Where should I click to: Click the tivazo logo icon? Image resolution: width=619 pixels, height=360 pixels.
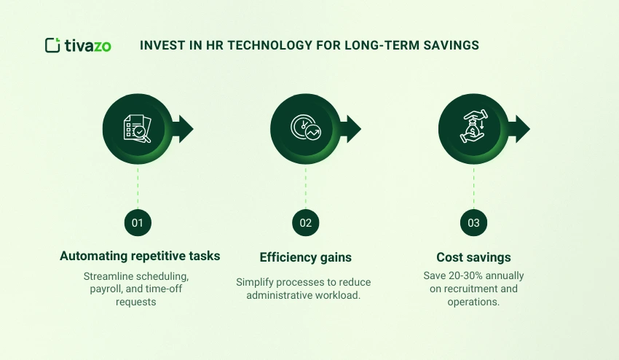point(52,45)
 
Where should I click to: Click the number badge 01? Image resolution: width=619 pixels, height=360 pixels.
point(138,223)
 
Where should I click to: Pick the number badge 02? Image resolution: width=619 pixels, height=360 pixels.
point(306,223)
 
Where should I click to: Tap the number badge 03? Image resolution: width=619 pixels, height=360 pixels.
point(473,223)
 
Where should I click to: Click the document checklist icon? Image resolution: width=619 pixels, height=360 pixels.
point(138,129)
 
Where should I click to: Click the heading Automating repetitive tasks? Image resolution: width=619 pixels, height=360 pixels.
point(140,257)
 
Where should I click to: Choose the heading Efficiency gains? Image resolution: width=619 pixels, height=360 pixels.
point(306,257)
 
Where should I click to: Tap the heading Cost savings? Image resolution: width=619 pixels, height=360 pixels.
point(473,257)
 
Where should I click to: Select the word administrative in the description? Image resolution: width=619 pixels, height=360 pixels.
point(280,294)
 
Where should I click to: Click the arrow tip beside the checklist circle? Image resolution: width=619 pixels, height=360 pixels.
point(187,129)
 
